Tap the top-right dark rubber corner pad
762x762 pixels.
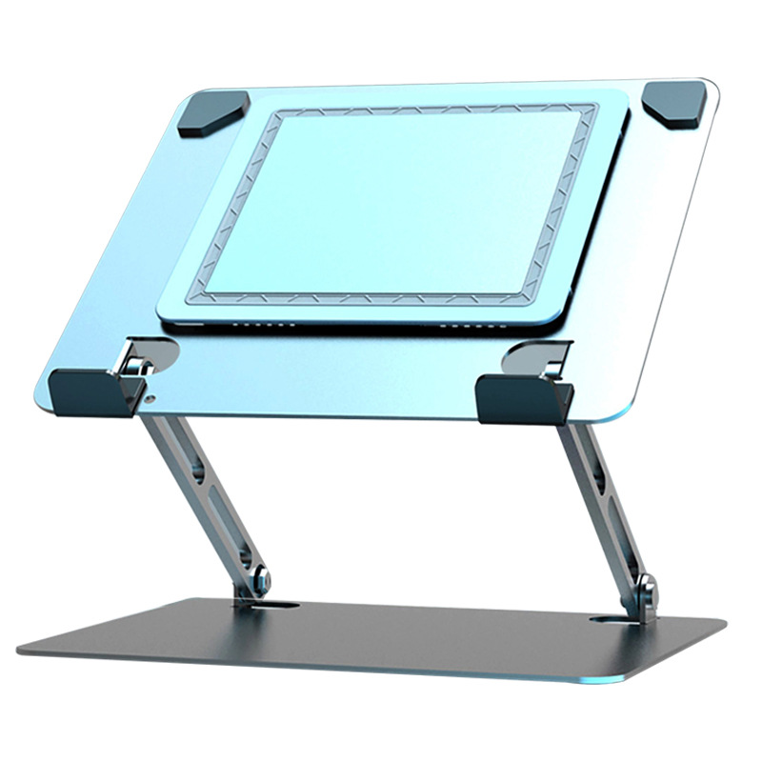673,102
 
